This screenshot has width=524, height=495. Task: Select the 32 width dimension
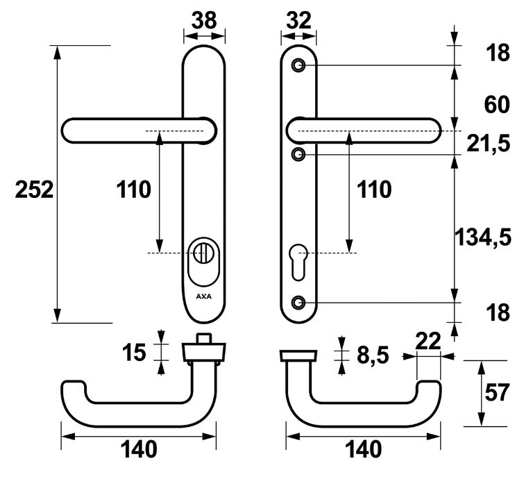point(298,20)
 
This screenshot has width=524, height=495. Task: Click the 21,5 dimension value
point(489,143)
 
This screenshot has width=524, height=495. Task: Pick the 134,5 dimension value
point(483,237)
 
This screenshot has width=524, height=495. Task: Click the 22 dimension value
point(429,341)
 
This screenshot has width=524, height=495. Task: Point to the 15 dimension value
point(135,352)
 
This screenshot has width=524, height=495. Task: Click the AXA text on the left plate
point(204,295)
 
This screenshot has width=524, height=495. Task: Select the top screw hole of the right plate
point(299,65)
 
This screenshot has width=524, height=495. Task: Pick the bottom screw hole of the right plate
point(299,302)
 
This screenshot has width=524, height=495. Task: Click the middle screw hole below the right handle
point(298,152)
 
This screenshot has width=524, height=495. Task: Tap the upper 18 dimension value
point(498,53)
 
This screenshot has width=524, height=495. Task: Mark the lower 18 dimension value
point(498,313)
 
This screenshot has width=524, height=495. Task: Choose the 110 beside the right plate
point(373,190)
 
